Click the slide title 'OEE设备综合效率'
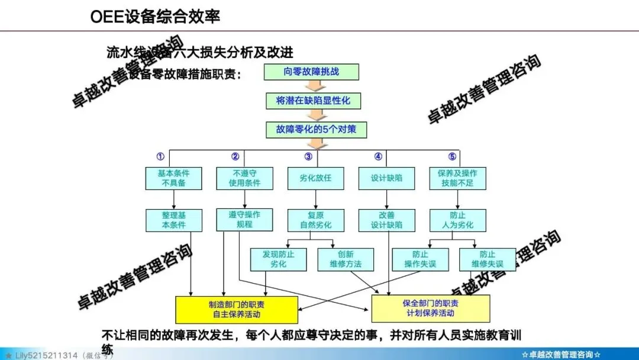[156, 17]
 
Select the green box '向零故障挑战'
[311, 73]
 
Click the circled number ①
[160, 157]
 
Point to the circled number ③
[308, 157]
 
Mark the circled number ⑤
[453, 157]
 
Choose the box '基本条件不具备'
[173, 178]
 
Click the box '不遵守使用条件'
[244, 178]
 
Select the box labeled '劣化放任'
[315, 178]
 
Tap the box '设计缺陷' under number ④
[386, 178]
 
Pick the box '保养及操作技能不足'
[457, 178]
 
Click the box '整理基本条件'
[173, 220]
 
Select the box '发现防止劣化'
[278, 259]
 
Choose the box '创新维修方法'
[346, 259]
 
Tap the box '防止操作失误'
[420, 259]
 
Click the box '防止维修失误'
[488, 259]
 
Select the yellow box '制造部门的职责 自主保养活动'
[236, 309]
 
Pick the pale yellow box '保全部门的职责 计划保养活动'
[430, 308]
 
